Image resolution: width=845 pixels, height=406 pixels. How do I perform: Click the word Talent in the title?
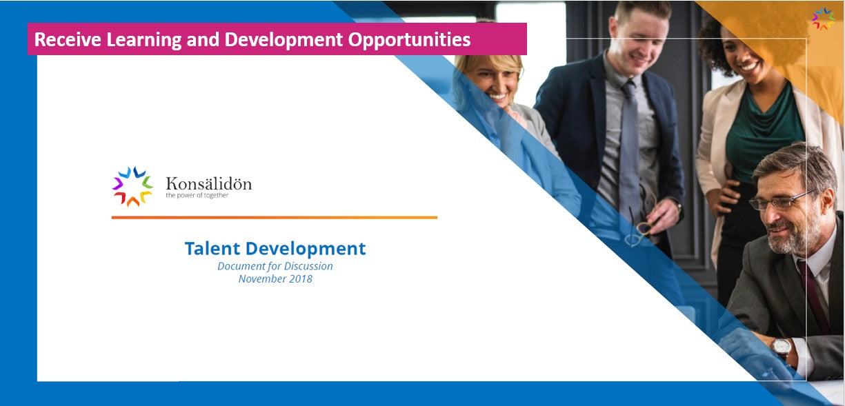click(x=212, y=248)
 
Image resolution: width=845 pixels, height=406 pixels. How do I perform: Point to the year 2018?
click(x=300, y=279)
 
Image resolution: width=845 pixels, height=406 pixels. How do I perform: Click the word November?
click(x=262, y=279)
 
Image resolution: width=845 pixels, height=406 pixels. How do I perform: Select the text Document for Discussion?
click(x=275, y=266)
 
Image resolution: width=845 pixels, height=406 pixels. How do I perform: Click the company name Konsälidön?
click(x=208, y=183)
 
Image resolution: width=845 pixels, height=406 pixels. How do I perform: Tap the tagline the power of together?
click(x=197, y=195)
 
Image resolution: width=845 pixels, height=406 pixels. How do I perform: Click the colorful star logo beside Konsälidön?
click(x=132, y=186)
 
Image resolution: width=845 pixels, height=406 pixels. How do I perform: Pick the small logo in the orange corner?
click(x=823, y=19)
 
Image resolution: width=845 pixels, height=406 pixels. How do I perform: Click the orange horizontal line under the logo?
click(x=275, y=218)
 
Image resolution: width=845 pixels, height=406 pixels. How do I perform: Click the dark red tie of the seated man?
click(x=813, y=294)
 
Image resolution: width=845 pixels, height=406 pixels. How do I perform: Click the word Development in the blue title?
click(x=305, y=249)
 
